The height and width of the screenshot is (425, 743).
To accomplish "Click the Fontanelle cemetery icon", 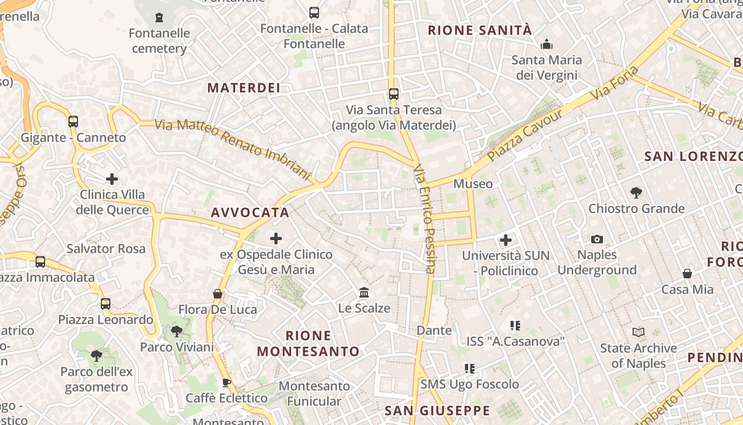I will click(159, 18).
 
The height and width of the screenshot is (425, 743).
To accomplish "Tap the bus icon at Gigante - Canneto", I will click(73, 122).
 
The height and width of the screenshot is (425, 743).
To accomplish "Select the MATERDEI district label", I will click(244, 88).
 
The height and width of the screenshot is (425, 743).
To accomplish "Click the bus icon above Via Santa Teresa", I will click(393, 94).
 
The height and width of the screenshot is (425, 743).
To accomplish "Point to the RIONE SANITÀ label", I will click(480, 30).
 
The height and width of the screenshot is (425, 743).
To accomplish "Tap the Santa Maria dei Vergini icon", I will click(546, 45).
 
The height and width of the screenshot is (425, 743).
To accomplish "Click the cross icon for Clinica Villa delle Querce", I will click(112, 178).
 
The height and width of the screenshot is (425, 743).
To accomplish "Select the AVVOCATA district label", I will click(250, 212).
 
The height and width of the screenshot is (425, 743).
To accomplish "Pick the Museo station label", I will click(473, 184).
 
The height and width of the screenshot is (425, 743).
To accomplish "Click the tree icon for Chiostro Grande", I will click(636, 192).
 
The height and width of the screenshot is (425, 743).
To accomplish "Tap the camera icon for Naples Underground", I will click(597, 239).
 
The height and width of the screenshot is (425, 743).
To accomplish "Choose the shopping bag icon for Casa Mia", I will click(687, 274).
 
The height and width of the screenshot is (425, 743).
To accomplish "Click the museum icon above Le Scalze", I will click(364, 292).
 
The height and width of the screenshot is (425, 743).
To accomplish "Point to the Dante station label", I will click(434, 330).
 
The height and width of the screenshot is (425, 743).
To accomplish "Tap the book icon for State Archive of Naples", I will click(638, 333).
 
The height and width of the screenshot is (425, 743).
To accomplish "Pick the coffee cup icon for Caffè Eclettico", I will click(227, 382).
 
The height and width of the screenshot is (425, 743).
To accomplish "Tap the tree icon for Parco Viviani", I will click(177, 331).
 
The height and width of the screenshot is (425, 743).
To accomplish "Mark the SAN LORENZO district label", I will click(693, 156).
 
